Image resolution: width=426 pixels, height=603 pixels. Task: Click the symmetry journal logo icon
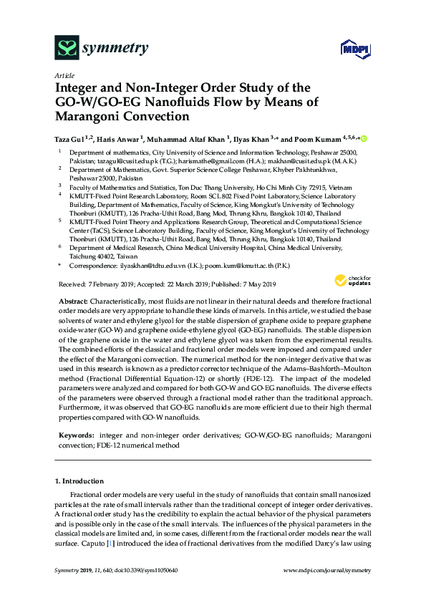pos(67,49)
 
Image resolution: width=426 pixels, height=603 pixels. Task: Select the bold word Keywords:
pos(75,434)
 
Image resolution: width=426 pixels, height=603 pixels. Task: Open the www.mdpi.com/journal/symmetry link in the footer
pos(327,570)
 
